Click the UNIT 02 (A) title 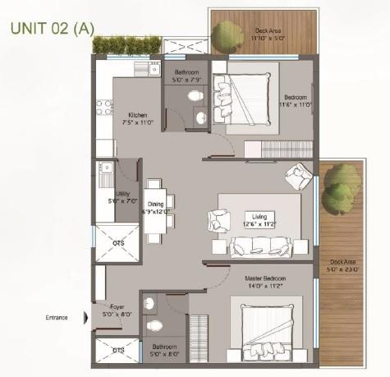[x=52, y=28]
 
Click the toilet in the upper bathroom [x=195, y=98]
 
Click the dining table [x=156, y=209]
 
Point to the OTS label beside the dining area [x=118, y=242]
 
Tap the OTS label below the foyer [x=118, y=350]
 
